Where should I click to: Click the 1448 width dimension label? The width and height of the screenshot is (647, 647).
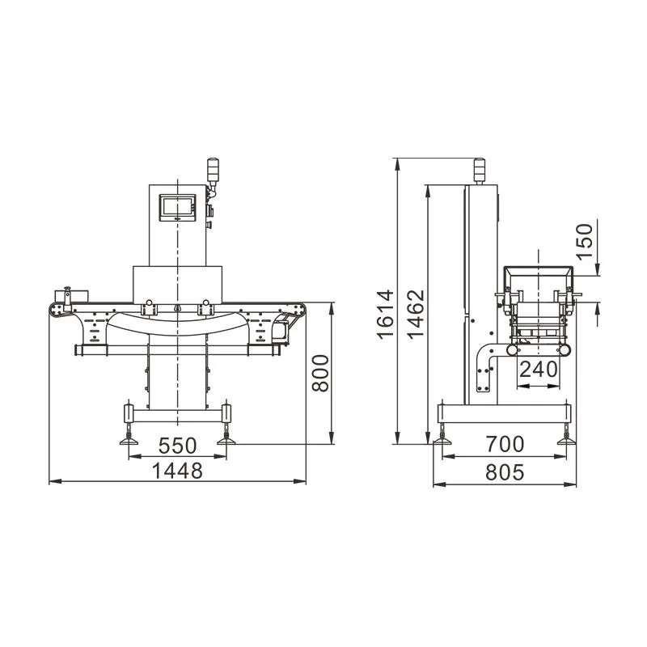(177, 471)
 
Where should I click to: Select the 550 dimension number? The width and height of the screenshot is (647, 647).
(178, 446)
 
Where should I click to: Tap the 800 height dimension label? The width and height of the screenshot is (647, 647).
(320, 373)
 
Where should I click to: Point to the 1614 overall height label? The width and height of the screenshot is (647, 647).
(386, 315)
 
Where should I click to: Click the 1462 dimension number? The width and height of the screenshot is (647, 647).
(416, 314)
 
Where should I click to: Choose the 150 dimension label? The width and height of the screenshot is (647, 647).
(584, 242)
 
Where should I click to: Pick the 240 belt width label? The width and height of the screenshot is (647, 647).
(539, 370)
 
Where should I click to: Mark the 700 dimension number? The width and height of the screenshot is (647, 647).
(505, 444)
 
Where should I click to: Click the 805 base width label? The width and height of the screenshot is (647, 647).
(505, 472)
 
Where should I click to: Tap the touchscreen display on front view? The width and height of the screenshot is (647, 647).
(177, 207)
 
